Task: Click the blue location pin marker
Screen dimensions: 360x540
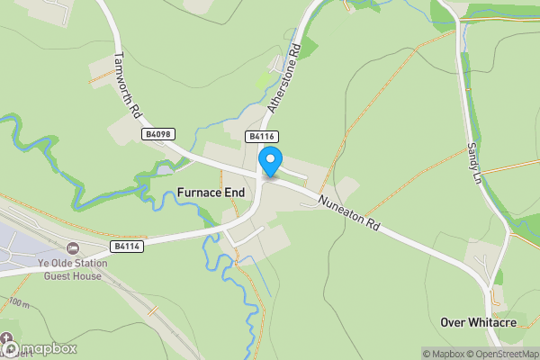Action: tap(269, 163)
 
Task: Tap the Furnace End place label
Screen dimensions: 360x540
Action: tap(211, 193)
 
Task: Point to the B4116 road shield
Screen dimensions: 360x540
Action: tap(261, 137)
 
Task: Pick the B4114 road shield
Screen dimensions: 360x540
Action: tap(126, 246)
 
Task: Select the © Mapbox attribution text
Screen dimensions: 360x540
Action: tap(444, 354)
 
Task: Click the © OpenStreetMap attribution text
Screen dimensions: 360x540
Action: tap(503, 354)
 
